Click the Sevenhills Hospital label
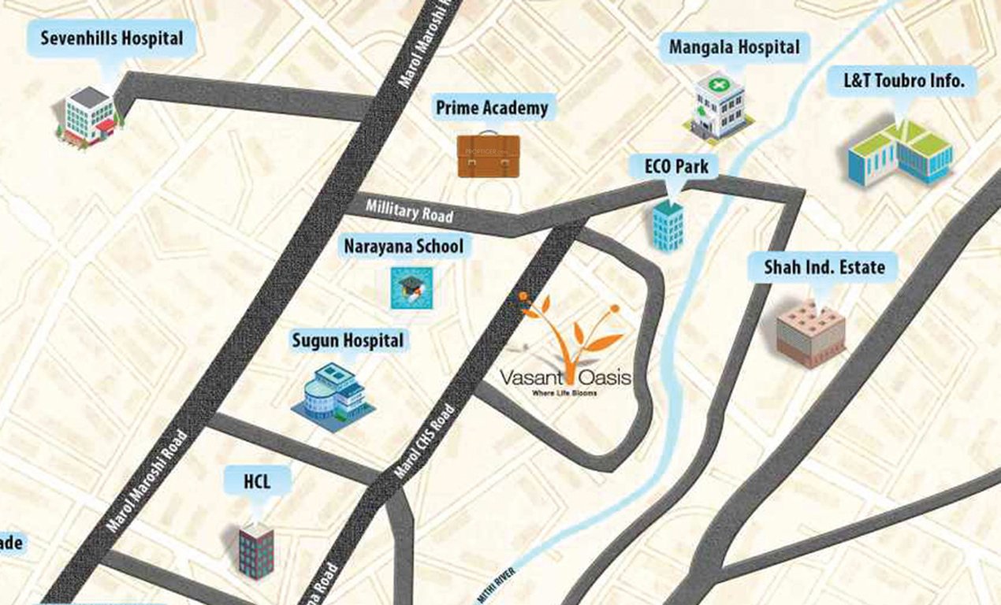(x=111, y=38)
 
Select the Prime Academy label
(x=492, y=107)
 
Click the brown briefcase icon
(x=489, y=155)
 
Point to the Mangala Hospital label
(x=734, y=47)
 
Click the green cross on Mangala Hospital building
(x=717, y=84)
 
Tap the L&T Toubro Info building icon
(x=899, y=152)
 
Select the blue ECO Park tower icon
(x=668, y=226)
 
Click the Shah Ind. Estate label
(x=824, y=267)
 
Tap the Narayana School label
(x=404, y=247)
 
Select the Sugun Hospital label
(x=348, y=340)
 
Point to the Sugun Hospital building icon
(x=334, y=396)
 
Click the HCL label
(x=257, y=481)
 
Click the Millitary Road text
(x=409, y=211)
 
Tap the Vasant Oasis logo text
(x=565, y=379)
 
